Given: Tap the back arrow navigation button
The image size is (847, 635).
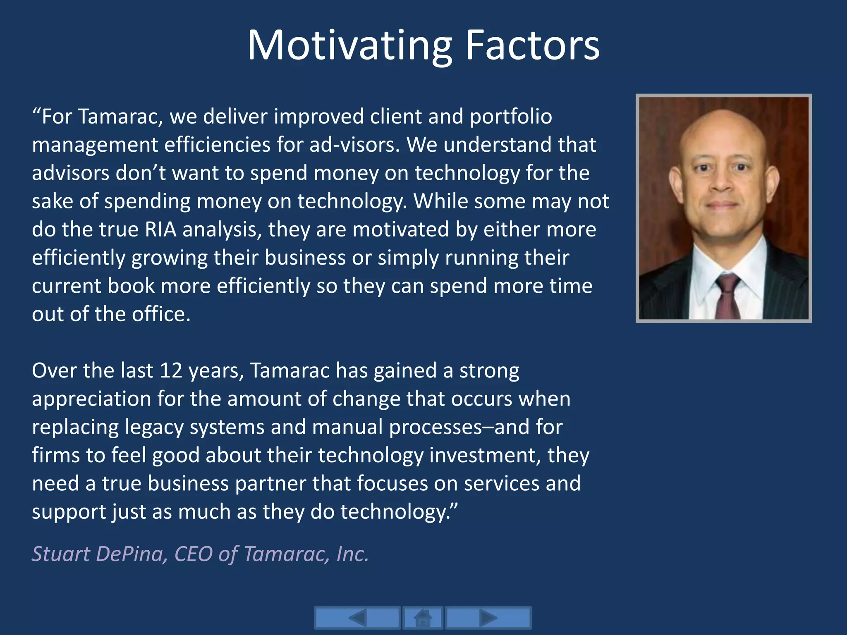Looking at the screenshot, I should click(x=357, y=618).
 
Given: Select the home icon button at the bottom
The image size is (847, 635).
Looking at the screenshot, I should click(x=423, y=618).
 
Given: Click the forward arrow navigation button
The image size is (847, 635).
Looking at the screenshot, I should click(x=488, y=618).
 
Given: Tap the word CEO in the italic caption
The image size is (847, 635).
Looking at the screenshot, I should click(x=193, y=554).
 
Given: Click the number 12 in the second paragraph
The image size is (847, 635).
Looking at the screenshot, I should click(x=171, y=370).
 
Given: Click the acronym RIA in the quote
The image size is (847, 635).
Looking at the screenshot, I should click(x=160, y=229).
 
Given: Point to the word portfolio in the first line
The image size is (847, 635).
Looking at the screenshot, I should click(x=510, y=117).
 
